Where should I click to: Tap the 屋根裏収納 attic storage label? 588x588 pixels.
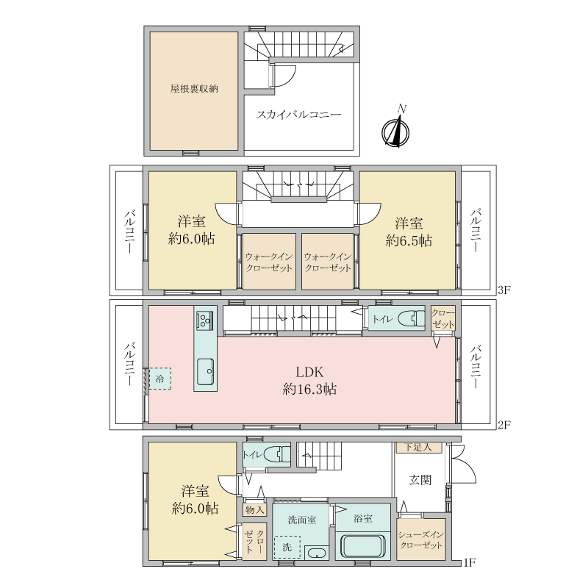tap(194, 89)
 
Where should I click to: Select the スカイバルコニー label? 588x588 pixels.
tap(298, 115)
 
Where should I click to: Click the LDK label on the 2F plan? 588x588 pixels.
tap(309, 372)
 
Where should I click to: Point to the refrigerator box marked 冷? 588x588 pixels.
tap(160, 379)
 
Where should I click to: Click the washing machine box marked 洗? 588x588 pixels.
tap(287, 547)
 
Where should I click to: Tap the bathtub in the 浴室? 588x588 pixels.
tap(362, 546)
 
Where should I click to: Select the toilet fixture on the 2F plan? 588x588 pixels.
tap(412, 319)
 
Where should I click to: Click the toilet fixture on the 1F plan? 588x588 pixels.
tap(278, 455)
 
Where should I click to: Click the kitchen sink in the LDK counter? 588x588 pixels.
tap(206, 371)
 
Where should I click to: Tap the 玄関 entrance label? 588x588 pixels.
tap(420, 480)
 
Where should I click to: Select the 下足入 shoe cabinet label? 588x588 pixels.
tap(417, 448)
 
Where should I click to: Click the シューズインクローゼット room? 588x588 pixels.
tap(421, 539)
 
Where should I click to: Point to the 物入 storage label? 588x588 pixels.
tap(254, 509)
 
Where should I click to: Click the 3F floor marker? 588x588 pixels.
tap(504, 290)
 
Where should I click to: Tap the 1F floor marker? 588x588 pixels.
tap(469, 562)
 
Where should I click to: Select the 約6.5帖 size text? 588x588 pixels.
tap(409, 240)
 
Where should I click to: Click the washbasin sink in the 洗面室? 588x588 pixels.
tap(316, 553)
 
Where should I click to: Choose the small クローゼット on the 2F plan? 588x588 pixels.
tap(443, 318)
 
